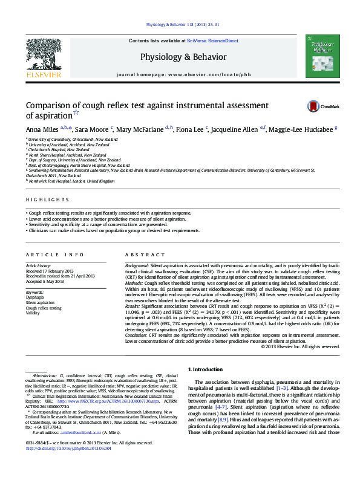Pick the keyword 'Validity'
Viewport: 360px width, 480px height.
(33, 313)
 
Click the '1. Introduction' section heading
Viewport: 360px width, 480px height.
(207, 369)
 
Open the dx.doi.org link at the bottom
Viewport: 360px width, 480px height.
(65, 449)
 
